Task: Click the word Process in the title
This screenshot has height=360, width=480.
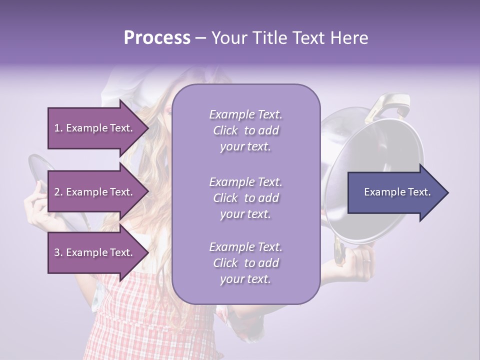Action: coord(157,38)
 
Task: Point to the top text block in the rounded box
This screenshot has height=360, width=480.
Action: coord(245,130)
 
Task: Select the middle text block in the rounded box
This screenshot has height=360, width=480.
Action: coord(245,198)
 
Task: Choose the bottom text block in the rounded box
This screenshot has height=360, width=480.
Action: coord(245,263)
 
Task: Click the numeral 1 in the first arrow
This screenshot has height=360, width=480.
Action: coord(56,128)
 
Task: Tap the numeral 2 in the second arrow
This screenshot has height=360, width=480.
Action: coord(57,192)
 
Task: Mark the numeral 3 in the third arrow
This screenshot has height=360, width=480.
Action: coord(57,252)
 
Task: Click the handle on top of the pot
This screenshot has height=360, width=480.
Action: coord(387,105)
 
